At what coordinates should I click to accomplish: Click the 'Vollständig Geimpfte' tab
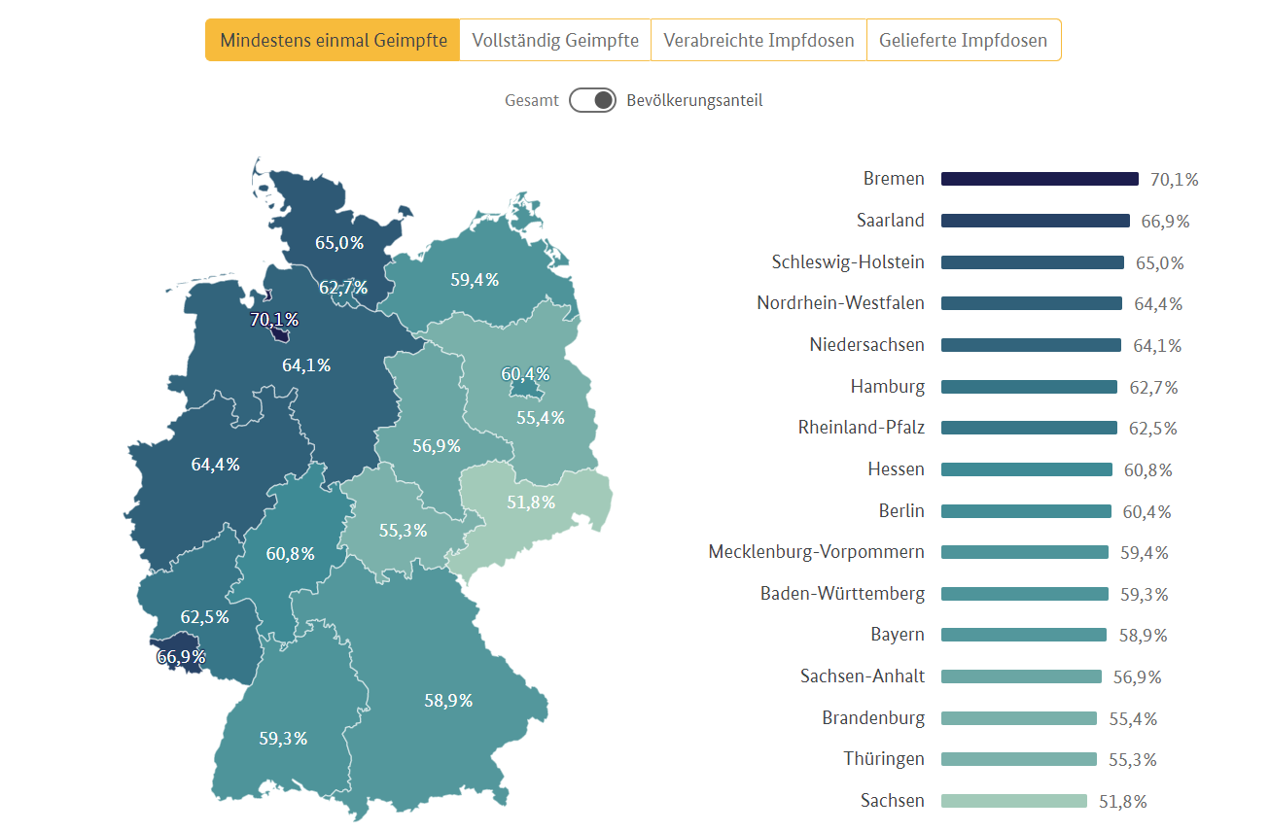555,40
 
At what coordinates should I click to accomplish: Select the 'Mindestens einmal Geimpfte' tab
333,40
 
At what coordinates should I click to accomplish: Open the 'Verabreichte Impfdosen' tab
758,40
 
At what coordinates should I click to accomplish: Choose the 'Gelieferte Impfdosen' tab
963,40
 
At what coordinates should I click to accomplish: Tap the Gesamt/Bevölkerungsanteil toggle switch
592,100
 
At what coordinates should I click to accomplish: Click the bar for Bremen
1040,179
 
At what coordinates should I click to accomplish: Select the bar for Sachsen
1014,801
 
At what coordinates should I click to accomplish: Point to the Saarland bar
1036,221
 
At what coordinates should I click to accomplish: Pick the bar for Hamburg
1029,387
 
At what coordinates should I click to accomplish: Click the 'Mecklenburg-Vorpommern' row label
816,552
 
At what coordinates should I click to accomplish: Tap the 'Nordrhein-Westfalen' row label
840,303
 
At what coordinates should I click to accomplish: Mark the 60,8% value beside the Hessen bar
1148,470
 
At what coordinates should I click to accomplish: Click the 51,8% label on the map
531,503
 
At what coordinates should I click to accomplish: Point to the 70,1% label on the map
274,319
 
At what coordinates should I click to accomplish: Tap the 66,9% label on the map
181,657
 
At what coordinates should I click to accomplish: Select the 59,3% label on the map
283,739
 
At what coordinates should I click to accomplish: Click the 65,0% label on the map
339,243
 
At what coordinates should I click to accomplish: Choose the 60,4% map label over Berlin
525,374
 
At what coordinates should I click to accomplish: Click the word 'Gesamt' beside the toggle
532,100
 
